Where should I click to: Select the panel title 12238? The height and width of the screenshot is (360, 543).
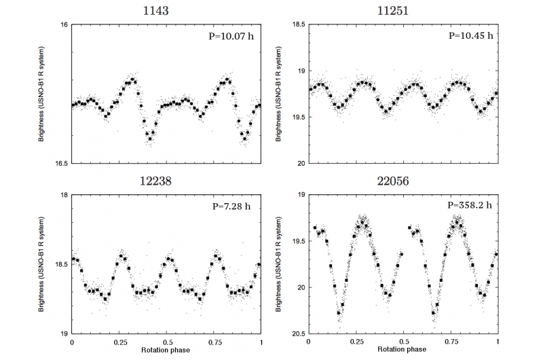tap(166, 181)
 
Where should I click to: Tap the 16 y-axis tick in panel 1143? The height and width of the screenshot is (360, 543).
tap(63, 24)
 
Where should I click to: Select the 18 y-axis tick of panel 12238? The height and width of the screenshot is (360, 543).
tap(63, 195)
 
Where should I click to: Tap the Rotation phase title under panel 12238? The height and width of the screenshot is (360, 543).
tap(166, 351)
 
